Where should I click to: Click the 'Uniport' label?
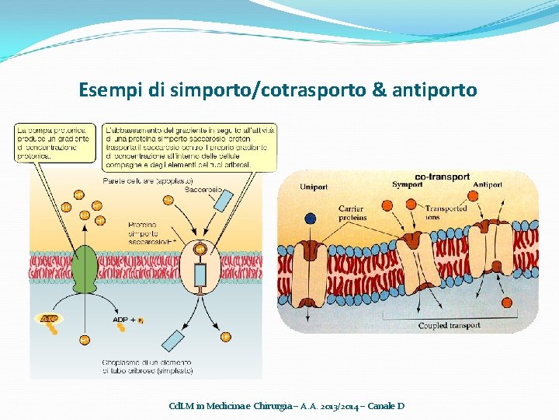coord(314,185)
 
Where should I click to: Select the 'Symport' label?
coord(407,185)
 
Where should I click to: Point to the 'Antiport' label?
coord(488,185)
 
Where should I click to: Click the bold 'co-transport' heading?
coord(443,177)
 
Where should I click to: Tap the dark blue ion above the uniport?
coord(311,219)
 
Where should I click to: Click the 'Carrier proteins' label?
coord(353,213)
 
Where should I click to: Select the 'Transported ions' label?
coord(445,212)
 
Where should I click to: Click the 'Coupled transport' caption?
coord(449,326)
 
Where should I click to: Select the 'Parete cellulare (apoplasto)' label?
coord(137,180)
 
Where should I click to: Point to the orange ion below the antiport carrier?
coord(507,302)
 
